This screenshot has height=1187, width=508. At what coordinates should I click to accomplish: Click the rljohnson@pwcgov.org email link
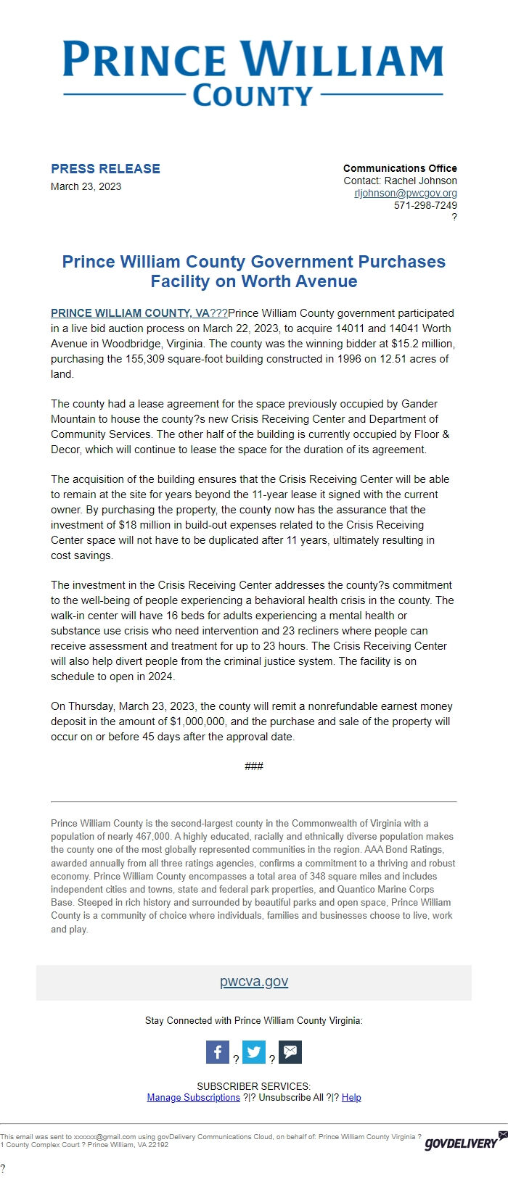(x=406, y=193)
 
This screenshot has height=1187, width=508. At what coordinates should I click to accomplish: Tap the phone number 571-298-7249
(x=425, y=205)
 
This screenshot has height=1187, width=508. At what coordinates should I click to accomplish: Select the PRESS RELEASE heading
(x=105, y=169)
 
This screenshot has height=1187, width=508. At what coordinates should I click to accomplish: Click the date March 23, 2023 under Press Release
(x=86, y=186)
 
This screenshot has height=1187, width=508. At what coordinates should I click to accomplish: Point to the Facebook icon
(x=218, y=1052)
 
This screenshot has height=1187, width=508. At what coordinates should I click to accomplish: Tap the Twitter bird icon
(x=254, y=1052)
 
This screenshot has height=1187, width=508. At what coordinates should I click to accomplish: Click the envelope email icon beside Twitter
(x=290, y=1052)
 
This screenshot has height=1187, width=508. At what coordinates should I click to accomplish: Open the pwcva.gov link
(x=254, y=982)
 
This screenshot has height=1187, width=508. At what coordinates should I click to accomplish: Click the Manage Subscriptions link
(x=193, y=1098)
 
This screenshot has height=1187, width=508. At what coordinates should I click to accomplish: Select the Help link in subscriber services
(x=351, y=1098)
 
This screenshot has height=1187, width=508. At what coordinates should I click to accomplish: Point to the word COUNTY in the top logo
(x=253, y=96)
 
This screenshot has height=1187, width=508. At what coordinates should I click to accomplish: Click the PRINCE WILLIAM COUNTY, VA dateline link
(x=130, y=313)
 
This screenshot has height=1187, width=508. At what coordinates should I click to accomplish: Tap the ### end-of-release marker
(x=254, y=766)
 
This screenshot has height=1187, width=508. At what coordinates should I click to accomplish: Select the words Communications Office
(x=400, y=168)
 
